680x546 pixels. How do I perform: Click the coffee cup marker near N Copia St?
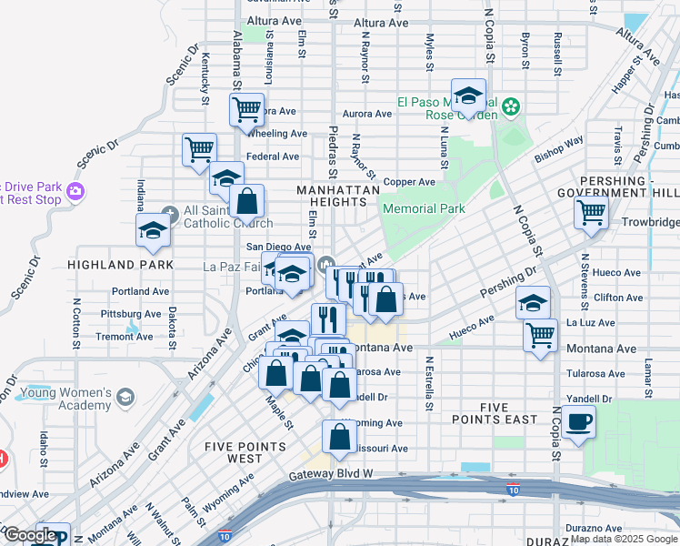577,421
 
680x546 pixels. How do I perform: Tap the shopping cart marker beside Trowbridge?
591,213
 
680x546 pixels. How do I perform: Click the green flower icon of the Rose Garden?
512,107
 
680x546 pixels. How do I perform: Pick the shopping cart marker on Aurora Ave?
247,110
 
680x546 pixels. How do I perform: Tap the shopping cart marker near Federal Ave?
198,148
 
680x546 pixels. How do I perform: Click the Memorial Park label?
424,208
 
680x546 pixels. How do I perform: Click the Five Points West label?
246,452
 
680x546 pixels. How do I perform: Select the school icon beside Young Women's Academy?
125,398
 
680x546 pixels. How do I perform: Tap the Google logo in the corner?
30,535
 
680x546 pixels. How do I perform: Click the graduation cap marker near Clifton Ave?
533,302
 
